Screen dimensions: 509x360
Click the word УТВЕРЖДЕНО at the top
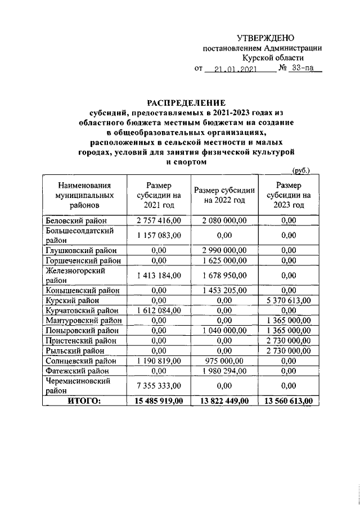[x=265, y=38]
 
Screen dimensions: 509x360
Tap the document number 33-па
[x=303, y=69]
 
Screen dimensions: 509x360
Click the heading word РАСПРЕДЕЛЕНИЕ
[x=186, y=103]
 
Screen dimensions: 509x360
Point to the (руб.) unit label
[x=301, y=170]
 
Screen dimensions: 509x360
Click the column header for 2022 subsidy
[x=224, y=195]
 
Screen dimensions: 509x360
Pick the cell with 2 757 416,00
[x=159, y=220]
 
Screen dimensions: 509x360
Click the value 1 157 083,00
[x=159, y=235]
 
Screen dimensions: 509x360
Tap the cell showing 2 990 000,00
[x=224, y=250]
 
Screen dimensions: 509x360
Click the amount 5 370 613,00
[x=289, y=301]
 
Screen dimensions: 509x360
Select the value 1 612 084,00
[x=159, y=310]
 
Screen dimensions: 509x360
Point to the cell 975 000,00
[x=224, y=361]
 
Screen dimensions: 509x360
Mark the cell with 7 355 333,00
[x=159, y=385]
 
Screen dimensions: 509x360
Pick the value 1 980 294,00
[x=224, y=371]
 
